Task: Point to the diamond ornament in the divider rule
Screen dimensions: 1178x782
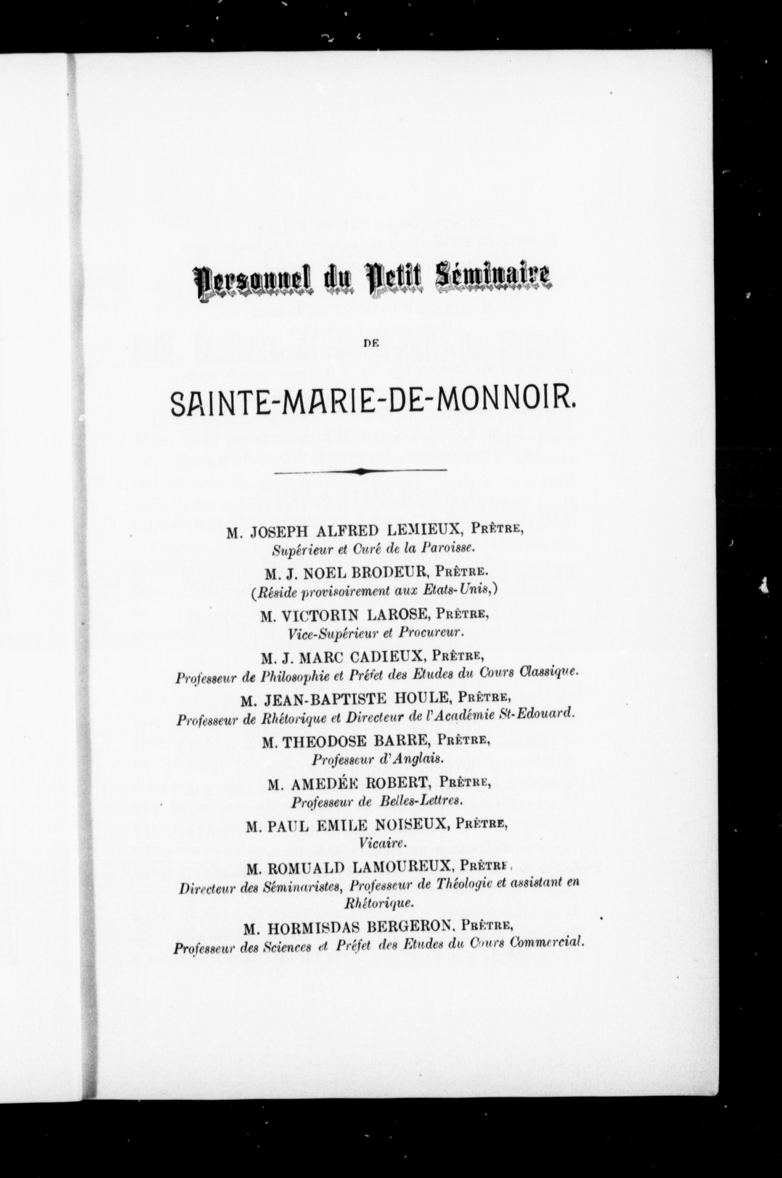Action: (x=360, y=471)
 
